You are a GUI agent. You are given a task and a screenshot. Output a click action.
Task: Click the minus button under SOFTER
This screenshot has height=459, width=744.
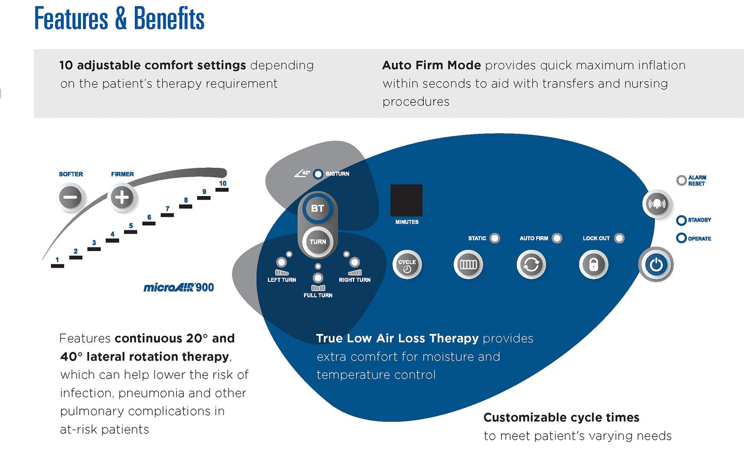click(71, 197)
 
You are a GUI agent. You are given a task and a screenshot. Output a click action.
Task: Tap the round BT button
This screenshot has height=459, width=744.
click(317, 208)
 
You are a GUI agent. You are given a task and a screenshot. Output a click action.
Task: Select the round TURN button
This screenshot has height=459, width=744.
click(318, 242)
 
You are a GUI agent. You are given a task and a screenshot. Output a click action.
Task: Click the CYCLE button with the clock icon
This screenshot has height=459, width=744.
click(407, 265)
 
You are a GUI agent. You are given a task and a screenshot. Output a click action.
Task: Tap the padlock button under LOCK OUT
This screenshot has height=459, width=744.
click(593, 265)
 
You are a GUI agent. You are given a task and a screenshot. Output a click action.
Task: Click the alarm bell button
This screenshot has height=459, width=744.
click(656, 203)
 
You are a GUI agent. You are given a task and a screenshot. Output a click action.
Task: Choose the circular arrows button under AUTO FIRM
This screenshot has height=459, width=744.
click(531, 265)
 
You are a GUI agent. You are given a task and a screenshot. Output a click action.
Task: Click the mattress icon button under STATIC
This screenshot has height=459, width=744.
click(468, 265)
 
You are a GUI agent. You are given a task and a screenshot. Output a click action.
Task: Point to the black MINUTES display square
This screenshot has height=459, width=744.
click(406, 200)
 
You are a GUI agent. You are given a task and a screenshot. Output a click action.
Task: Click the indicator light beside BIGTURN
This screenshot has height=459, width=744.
click(318, 174)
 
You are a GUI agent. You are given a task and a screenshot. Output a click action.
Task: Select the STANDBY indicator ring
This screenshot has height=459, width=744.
click(681, 220)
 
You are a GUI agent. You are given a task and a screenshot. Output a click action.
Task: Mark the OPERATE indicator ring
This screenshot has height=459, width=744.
click(681, 238)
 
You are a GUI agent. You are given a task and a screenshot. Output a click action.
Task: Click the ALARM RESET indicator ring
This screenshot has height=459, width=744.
click(681, 180)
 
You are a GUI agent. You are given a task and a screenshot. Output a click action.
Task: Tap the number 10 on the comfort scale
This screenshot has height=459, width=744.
click(222, 184)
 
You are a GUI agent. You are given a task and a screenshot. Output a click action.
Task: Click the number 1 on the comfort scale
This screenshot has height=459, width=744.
click(57, 260)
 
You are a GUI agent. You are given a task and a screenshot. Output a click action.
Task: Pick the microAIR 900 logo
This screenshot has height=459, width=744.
click(179, 288)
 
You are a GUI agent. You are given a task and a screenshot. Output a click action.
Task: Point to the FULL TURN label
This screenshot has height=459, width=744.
click(318, 295)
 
